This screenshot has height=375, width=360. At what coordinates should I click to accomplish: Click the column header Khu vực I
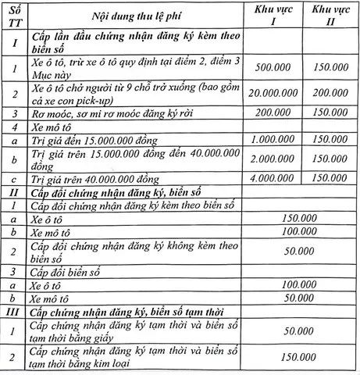tap(283, 15)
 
